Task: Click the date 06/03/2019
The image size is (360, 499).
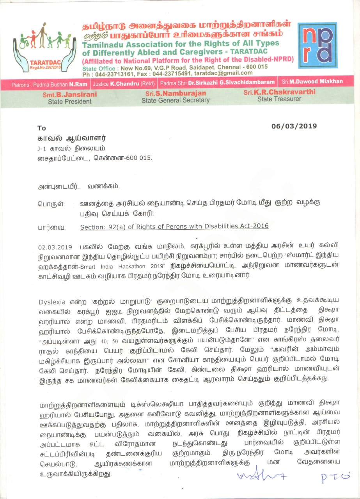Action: pyautogui.click(x=294, y=126)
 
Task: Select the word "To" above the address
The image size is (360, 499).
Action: pyautogui.click(x=42, y=128)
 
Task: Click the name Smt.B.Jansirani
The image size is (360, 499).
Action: pyautogui.click(x=70, y=94)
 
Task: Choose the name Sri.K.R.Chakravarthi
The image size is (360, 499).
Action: pyautogui.click(x=280, y=92)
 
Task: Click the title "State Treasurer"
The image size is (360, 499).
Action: pyautogui.click(x=279, y=99)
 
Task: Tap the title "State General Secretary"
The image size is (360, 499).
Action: pyautogui.click(x=175, y=100)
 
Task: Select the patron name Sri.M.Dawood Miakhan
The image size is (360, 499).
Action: pyautogui.click(x=312, y=81)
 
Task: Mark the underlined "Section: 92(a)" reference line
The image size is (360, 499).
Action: pyautogui.click(x=174, y=226)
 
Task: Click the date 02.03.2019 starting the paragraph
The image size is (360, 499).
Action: pyautogui.click(x=55, y=247)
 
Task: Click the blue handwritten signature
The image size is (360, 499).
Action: pyautogui.click(x=257, y=475)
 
